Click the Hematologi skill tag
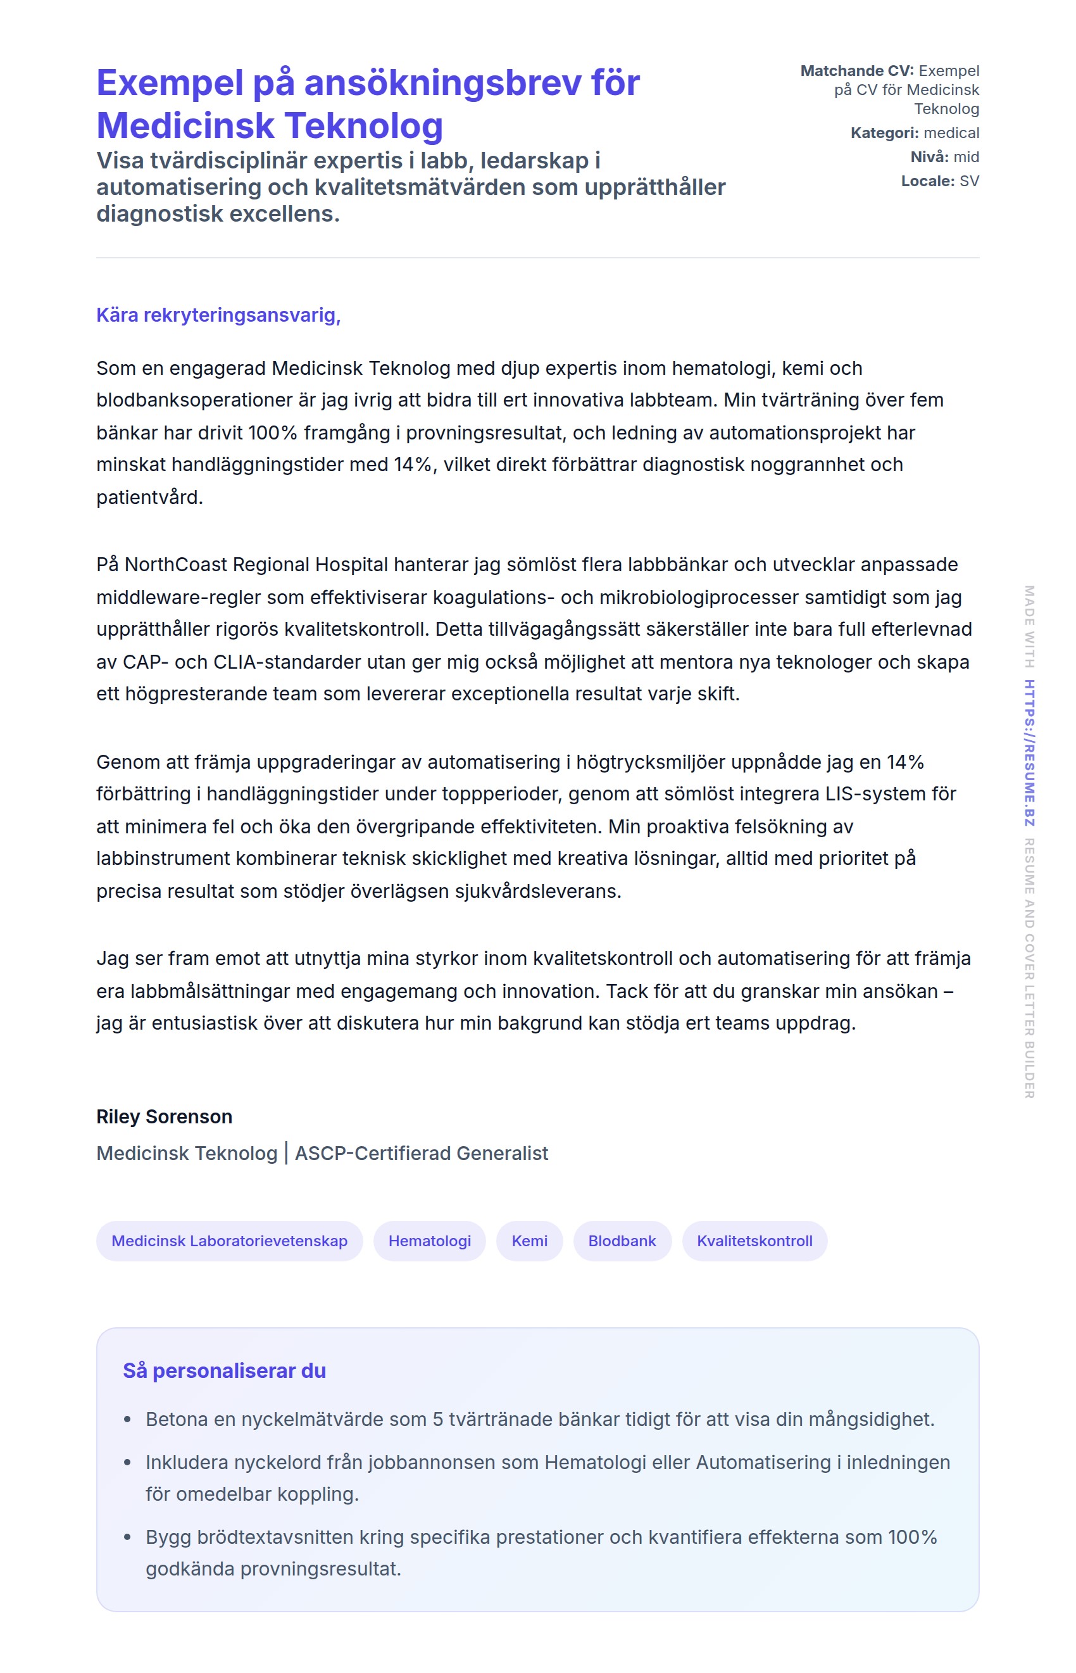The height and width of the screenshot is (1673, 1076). tap(429, 1241)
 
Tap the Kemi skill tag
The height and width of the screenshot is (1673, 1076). tap(529, 1241)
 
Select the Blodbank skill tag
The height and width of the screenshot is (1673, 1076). tap(622, 1241)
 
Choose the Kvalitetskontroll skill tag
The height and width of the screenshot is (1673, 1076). tap(754, 1241)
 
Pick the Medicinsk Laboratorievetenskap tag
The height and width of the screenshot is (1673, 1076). tap(229, 1241)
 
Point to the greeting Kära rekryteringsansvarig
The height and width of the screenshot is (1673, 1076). tap(218, 315)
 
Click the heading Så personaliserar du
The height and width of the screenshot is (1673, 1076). tap(224, 1370)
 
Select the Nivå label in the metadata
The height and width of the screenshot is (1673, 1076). tap(929, 156)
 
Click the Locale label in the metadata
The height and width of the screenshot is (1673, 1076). tap(927, 181)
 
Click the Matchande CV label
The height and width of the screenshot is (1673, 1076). tap(856, 70)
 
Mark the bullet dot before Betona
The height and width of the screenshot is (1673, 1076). tap(127, 1419)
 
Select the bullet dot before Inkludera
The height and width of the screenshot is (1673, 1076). tap(127, 1462)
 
